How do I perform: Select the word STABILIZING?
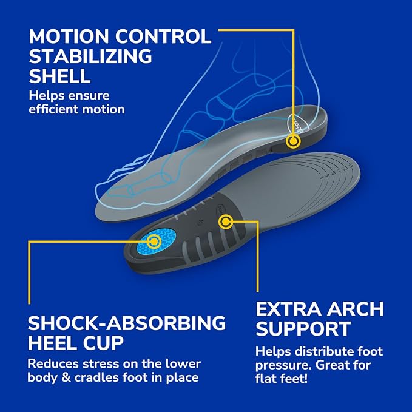90,56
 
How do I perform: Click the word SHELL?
59,76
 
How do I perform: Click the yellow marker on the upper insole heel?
293,141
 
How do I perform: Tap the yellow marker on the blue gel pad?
154,241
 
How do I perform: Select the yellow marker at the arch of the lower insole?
226,221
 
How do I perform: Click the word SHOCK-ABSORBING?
127,323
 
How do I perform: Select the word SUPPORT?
303,329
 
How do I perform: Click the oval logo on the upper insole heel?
300,123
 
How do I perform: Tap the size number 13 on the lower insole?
350,166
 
